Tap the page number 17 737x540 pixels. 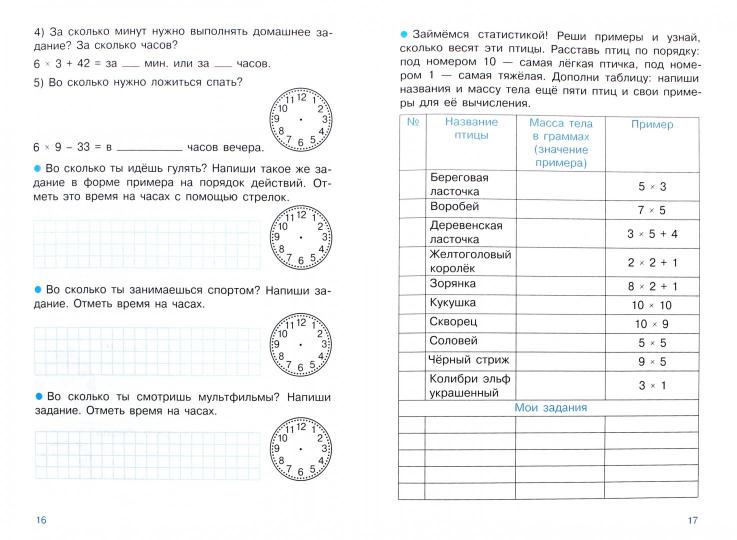pyautogui.click(x=694, y=518)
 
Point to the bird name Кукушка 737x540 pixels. pyautogui.click(x=452, y=302)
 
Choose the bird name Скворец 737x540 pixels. pyautogui.click(x=453, y=322)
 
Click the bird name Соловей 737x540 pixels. pyautogui.click(x=453, y=342)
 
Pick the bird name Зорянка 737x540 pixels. pyautogui.click(x=452, y=283)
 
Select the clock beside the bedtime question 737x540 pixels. pyautogui.click(x=300, y=116)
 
